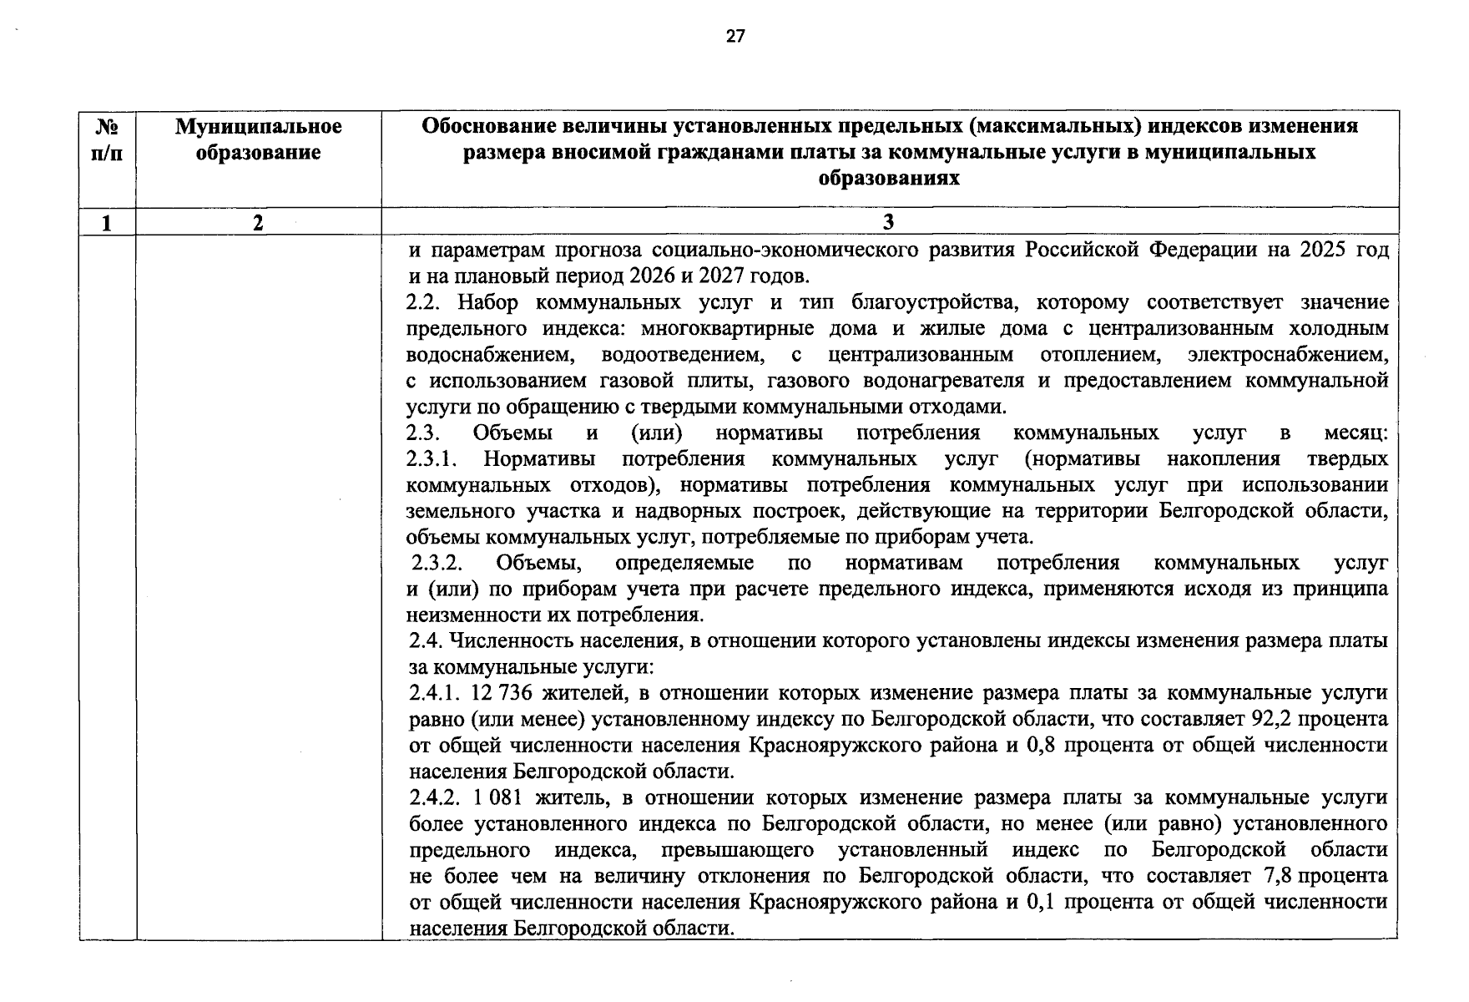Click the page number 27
click(734, 36)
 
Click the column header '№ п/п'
click(107, 139)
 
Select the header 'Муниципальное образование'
click(258, 139)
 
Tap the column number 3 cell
click(888, 221)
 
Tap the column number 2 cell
click(258, 221)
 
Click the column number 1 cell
click(107, 221)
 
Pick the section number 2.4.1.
click(435, 693)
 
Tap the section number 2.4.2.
click(436, 797)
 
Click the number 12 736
click(501, 693)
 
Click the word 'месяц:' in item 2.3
click(1355, 433)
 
